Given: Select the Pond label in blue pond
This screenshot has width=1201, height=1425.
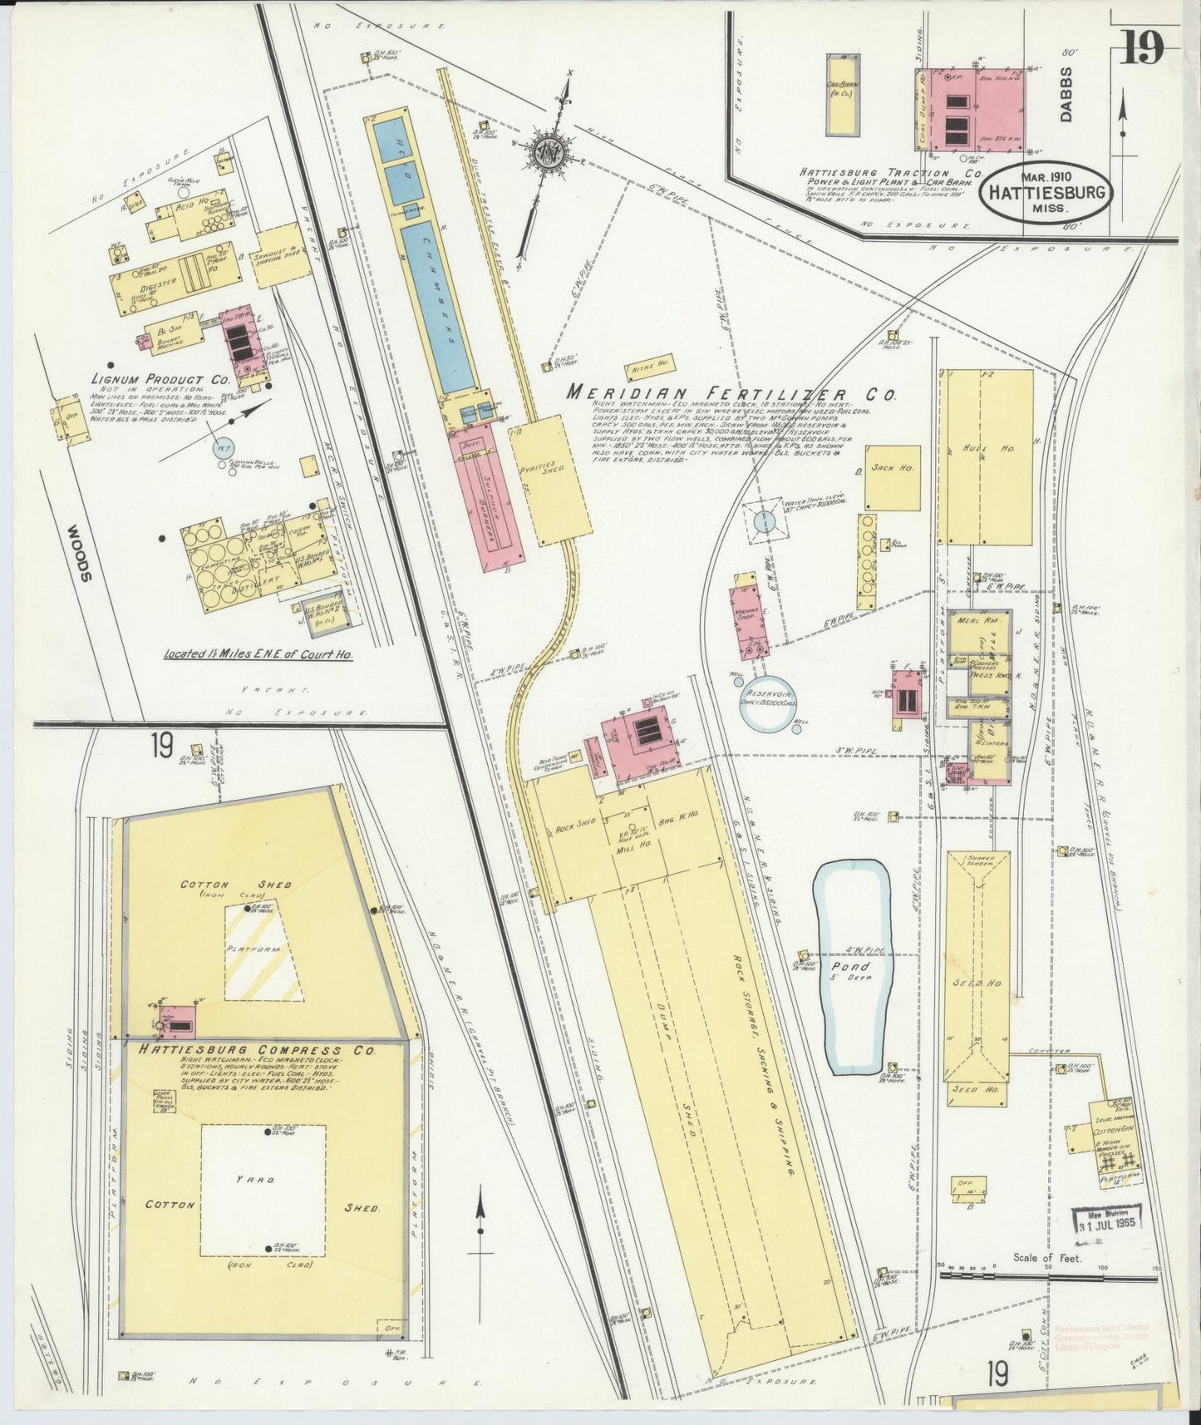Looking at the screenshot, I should [854, 966].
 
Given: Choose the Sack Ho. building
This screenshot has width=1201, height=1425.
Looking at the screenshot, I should [892, 477].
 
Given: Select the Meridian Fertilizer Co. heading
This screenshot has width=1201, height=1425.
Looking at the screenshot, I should [731, 393].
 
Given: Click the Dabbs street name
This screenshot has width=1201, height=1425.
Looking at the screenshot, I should [1068, 94].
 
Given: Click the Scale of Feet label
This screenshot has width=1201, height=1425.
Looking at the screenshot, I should [1046, 1258].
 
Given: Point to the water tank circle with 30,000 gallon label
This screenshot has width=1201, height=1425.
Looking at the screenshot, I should [764, 521].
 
